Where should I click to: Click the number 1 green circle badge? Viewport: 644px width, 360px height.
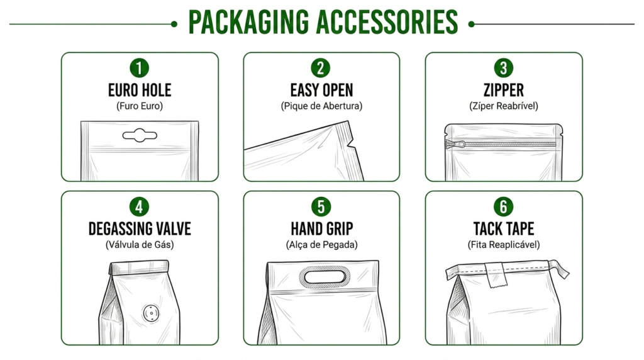click(x=139, y=68)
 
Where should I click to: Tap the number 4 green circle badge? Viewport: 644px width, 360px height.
click(x=139, y=206)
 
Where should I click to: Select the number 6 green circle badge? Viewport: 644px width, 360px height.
click(x=504, y=206)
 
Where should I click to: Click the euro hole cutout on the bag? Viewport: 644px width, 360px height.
click(x=140, y=135)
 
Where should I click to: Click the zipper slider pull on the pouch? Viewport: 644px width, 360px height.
click(x=455, y=144)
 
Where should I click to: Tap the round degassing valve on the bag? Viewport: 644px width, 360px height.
click(x=151, y=313)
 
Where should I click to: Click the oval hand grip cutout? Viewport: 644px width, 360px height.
click(x=325, y=276)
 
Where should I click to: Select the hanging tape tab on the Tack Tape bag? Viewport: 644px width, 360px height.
click(x=496, y=274)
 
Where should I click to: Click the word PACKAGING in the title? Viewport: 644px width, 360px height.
click(x=248, y=23)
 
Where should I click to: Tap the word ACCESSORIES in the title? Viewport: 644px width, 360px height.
click(x=387, y=23)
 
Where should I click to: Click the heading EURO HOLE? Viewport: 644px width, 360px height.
click(x=140, y=90)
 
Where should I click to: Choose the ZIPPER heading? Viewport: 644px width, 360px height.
click(x=504, y=90)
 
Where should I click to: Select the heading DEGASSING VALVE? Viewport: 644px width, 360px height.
click(x=140, y=229)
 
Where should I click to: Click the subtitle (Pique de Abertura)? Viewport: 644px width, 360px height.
click(x=321, y=106)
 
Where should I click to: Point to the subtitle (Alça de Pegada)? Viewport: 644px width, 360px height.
click(x=321, y=245)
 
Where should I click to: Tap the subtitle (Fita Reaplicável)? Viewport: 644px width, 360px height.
click(x=504, y=245)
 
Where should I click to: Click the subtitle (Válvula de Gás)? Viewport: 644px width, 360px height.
click(x=140, y=245)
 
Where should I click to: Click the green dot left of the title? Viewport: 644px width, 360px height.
click(x=174, y=25)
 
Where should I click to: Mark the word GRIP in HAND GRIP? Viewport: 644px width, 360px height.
click(x=337, y=229)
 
